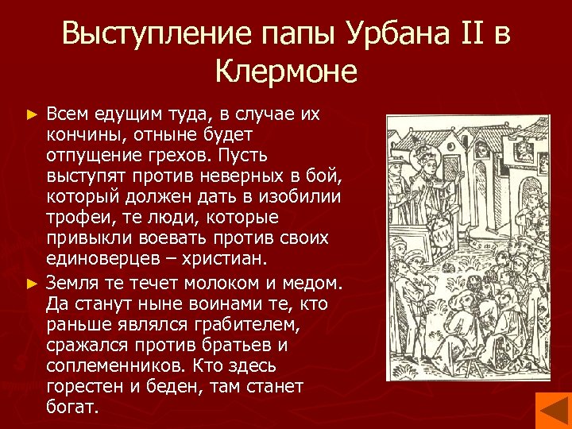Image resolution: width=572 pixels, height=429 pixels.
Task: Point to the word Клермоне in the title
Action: click(x=286, y=73)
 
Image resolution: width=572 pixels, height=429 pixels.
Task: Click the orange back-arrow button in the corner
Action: click(x=552, y=410)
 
